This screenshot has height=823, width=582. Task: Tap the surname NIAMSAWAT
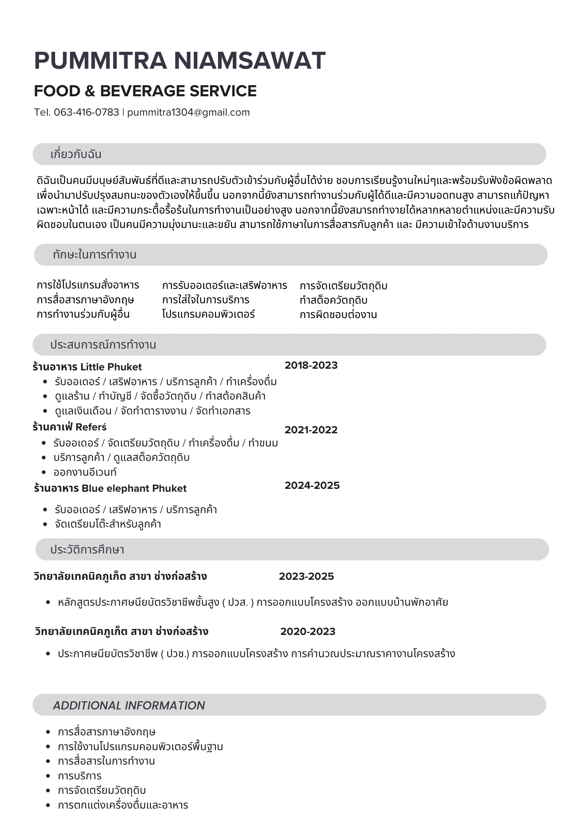(250, 60)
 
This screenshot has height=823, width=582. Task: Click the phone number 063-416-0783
(86, 112)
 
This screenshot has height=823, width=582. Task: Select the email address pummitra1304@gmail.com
(188, 112)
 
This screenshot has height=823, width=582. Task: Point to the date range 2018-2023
(311, 365)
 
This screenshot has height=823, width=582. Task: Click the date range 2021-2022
(311, 430)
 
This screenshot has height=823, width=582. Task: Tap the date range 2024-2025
(312, 486)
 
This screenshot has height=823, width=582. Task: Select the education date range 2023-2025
(306, 577)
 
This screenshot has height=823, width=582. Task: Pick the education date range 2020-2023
(308, 632)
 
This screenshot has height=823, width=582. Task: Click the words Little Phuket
(111, 367)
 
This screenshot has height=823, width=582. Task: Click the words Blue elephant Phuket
(134, 488)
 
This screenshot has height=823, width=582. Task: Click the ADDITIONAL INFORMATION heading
(129, 705)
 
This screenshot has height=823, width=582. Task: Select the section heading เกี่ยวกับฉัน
(76, 154)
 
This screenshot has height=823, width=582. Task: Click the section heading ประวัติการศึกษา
(87, 550)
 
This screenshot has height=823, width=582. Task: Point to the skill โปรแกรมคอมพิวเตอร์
(209, 314)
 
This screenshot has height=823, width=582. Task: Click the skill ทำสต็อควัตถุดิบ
(334, 300)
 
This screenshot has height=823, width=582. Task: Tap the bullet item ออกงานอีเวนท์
(85, 472)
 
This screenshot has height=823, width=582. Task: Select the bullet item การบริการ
(80, 776)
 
